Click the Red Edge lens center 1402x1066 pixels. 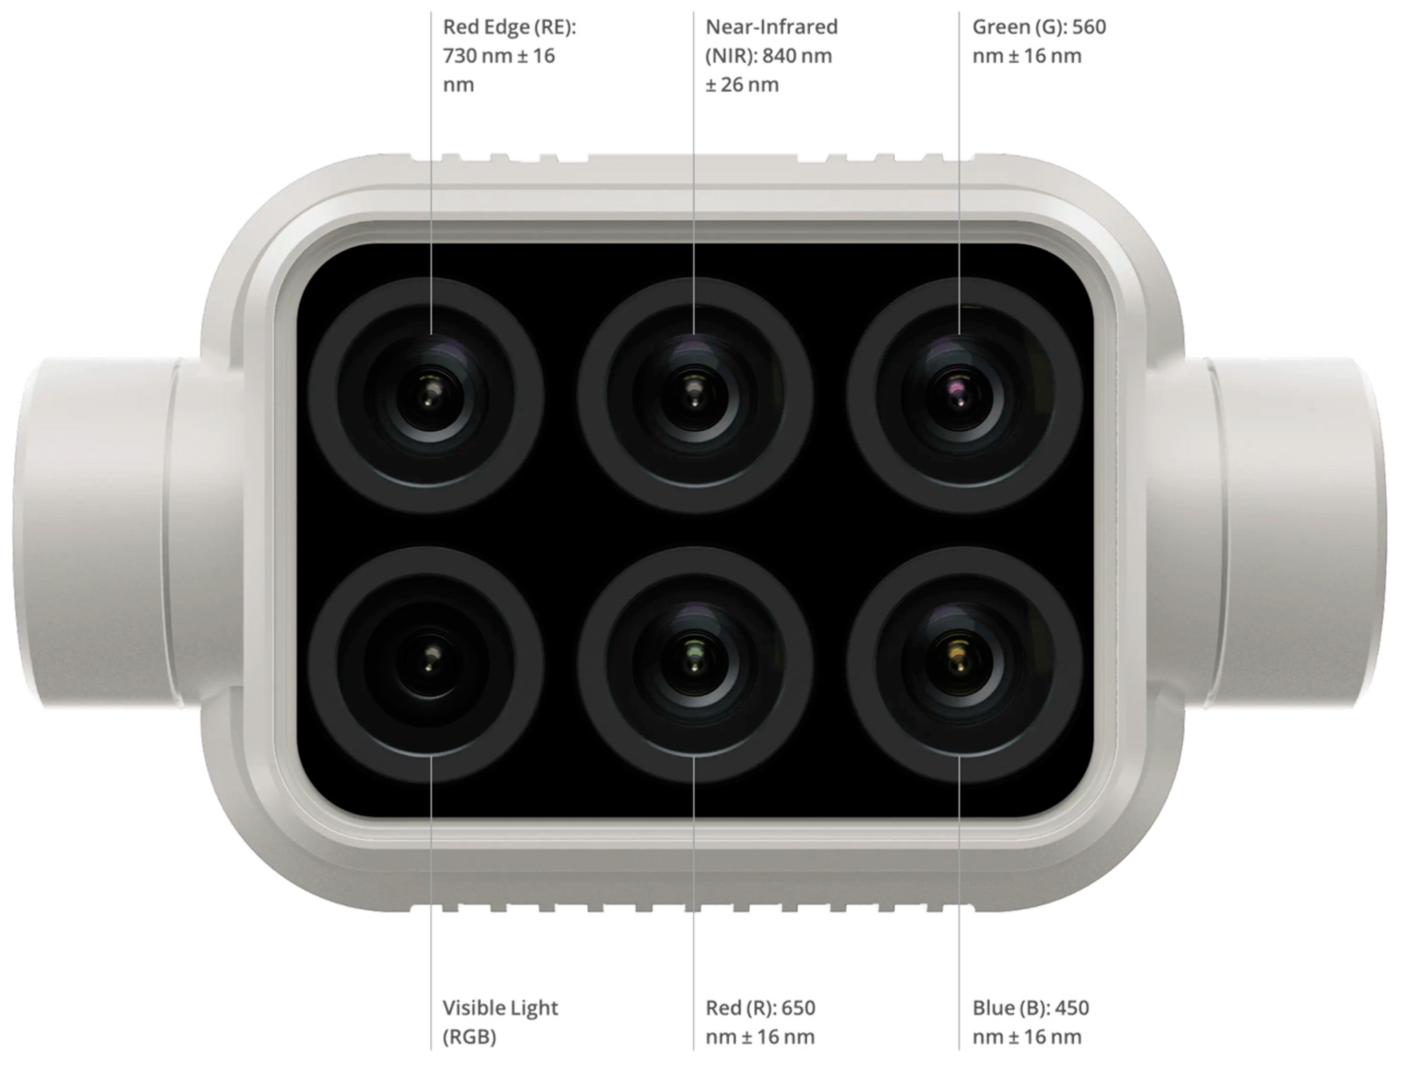430,396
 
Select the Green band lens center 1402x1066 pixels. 959,396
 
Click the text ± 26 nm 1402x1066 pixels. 742,84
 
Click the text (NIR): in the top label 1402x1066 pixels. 731,56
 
